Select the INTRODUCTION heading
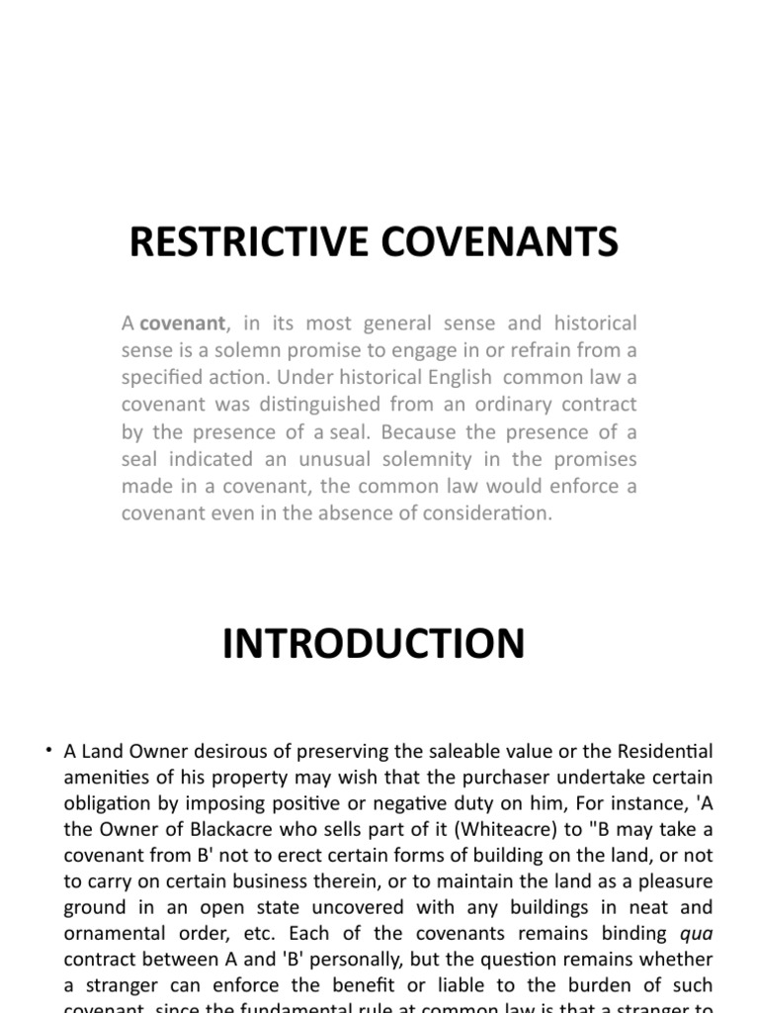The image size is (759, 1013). pos(374,644)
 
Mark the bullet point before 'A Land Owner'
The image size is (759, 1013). pos(48,751)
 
